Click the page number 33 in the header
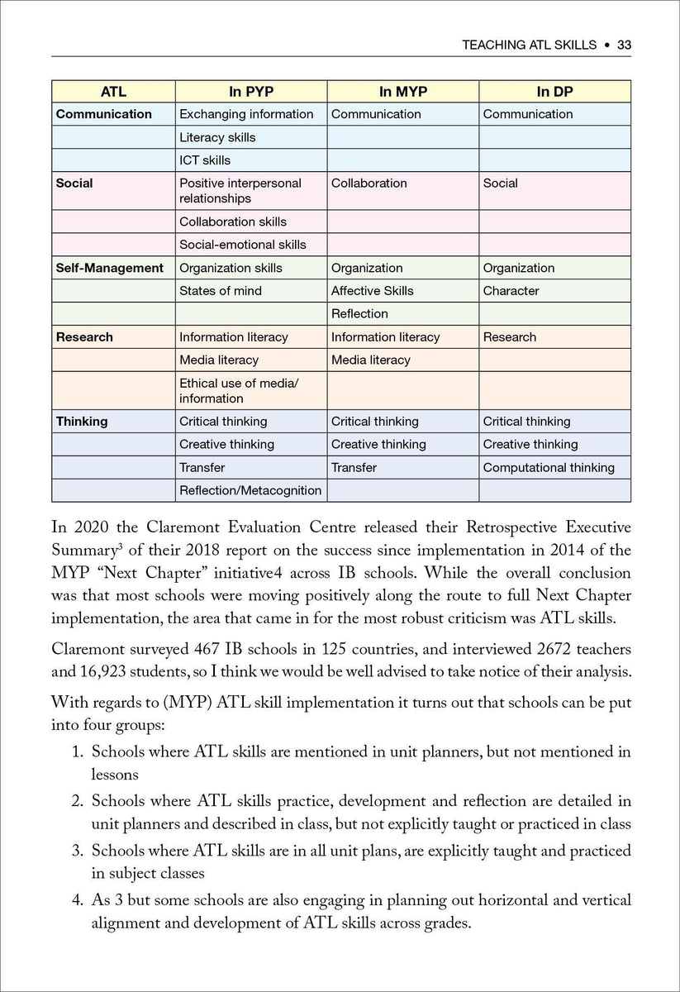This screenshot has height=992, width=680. click(624, 45)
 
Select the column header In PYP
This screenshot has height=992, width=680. click(250, 92)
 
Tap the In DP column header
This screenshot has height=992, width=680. click(554, 92)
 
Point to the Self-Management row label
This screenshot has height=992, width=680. click(109, 268)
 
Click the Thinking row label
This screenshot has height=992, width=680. click(82, 422)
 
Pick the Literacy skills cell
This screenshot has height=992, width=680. click(217, 137)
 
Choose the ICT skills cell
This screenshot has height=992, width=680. click(205, 160)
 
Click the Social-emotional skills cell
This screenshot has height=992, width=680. click(242, 245)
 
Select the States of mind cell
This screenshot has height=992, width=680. click(220, 291)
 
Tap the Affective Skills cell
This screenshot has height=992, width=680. click(372, 291)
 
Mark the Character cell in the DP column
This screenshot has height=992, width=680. click(511, 291)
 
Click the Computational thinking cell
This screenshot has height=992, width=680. click(549, 468)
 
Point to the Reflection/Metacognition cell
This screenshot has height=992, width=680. click(250, 491)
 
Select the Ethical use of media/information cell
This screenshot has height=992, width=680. click(239, 391)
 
